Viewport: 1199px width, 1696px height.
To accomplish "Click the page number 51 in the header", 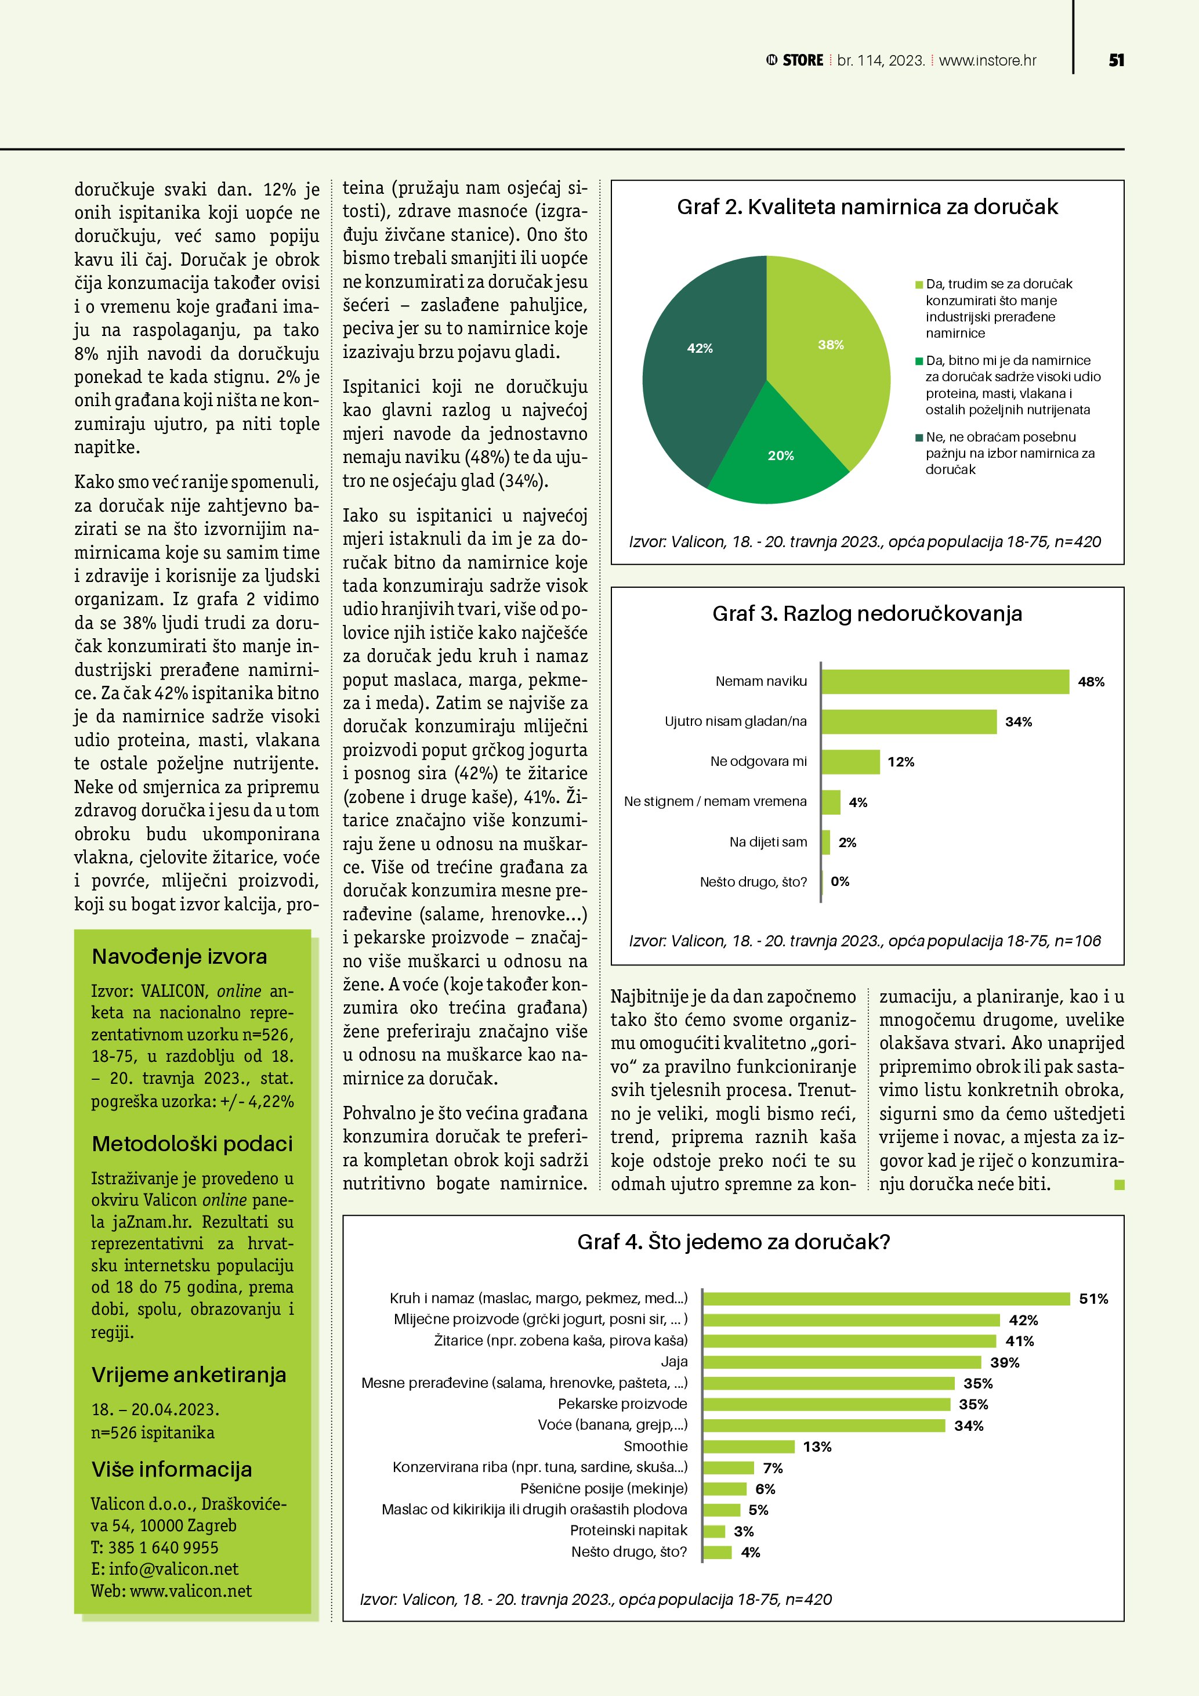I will click(x=1116, y=60).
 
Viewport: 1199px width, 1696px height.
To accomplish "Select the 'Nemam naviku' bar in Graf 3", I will click(x=945, y=682).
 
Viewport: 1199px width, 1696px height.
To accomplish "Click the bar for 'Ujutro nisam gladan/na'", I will click(x=909, y=722).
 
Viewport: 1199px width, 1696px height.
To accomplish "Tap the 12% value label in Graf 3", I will click(x=901, y=762).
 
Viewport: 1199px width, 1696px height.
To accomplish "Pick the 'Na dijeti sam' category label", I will click(x=768, y=842).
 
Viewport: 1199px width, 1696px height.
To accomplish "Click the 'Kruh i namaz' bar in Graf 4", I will click(x=886, y=1299).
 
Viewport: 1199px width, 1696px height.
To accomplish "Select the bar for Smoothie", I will click(x=749, y=1447).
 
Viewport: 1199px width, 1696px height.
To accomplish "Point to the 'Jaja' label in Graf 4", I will click(x=674, y=1361).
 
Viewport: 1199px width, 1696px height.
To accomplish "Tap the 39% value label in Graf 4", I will click(x=1005, y=1362).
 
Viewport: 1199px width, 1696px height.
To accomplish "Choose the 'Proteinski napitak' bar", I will click(x=714, y=1531).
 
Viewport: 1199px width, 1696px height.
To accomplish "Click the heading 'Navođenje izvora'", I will click(x=179, y=957).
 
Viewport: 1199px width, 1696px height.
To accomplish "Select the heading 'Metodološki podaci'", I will click(x=192, y=1144).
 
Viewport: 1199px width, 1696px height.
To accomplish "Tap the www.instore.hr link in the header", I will click(x=987, y=60).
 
